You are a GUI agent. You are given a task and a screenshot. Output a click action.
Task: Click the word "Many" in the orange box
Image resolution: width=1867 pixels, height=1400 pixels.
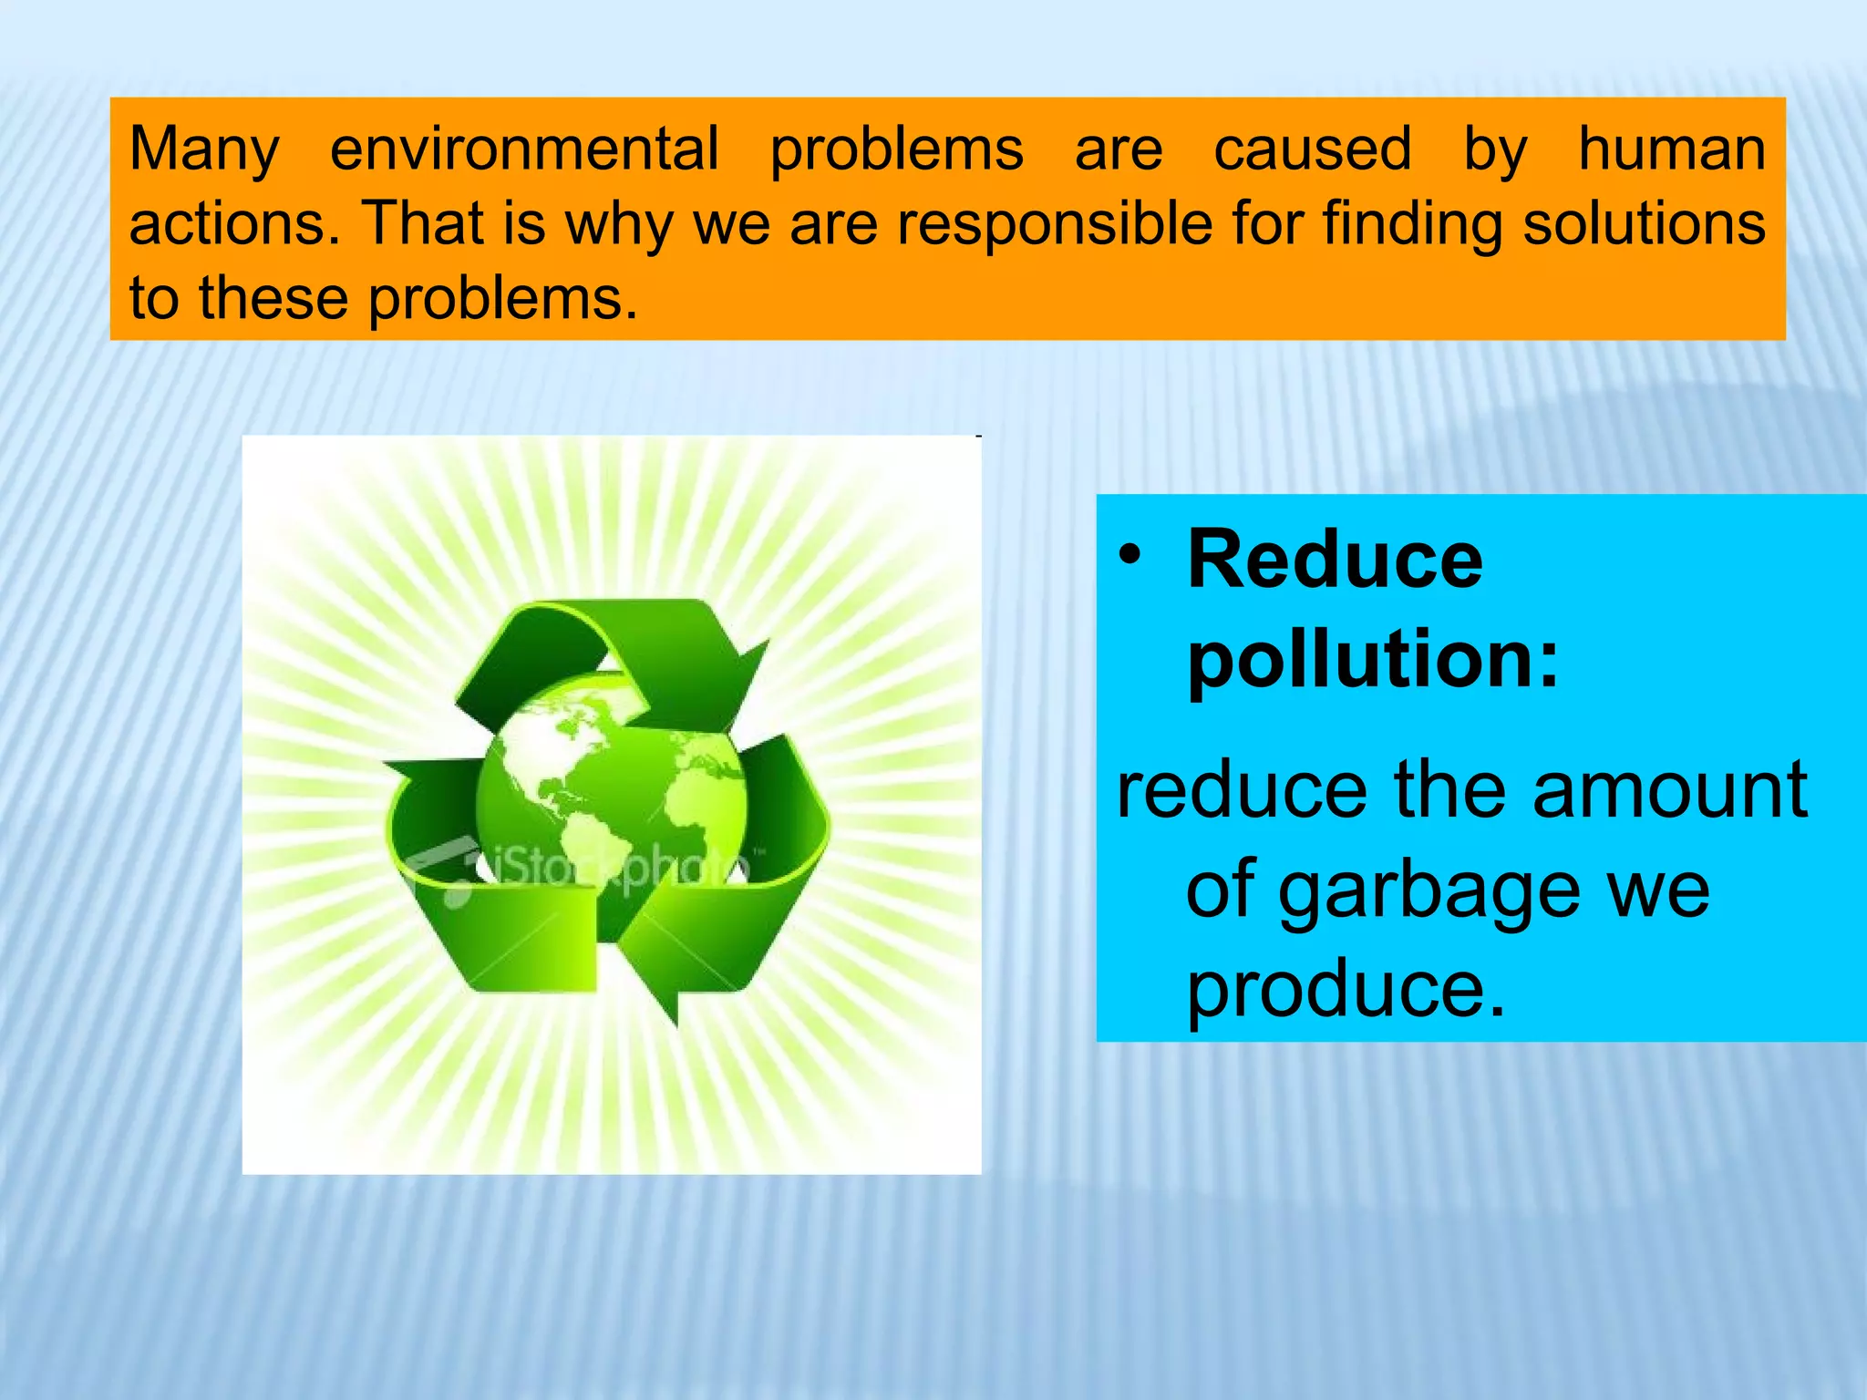(x=204, y=150)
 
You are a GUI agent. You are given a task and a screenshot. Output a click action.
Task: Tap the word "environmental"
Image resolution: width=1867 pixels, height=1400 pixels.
(x=524, y=149)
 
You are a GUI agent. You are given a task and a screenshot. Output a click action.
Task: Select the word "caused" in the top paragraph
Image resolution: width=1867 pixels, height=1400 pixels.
(x=1313, y=149)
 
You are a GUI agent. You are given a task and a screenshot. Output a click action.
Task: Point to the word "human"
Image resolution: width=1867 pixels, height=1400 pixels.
(x=1672, y=149)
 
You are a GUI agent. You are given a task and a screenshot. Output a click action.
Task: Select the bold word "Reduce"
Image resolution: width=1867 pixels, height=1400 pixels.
(x=1336, y=560)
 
